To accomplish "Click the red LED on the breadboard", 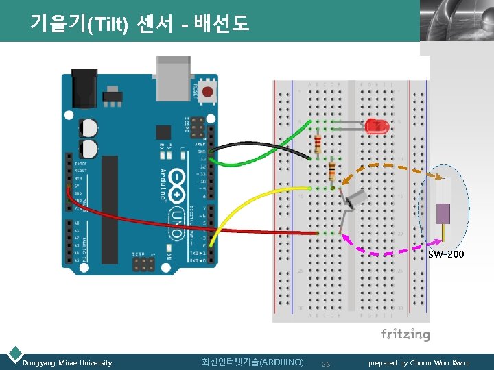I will pyautogui.click(x=376, y=125).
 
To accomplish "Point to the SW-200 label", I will pyautogui.click(x=446, y=254).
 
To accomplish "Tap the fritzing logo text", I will pyautogui.click(x=405, y=335).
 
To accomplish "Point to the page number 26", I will pyautogui.click(x=326, y=363).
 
